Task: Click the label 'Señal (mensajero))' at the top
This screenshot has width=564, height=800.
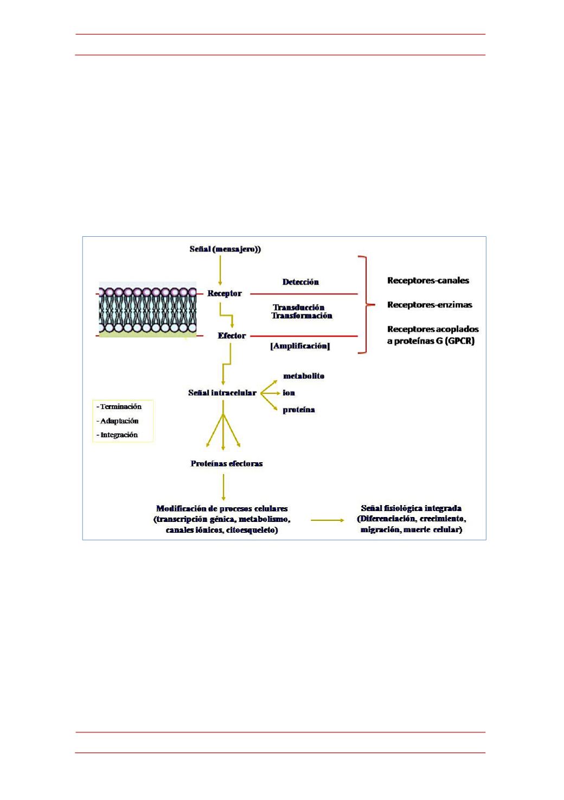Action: click(x=225, y=249)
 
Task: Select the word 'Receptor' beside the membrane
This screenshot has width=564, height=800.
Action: click(x=225, y=293)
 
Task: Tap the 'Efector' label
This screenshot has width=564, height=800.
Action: click(x=232, y=335)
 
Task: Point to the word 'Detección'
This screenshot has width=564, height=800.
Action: click(x=300, y=282)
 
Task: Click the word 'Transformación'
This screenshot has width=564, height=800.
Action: click(x=302, y=316)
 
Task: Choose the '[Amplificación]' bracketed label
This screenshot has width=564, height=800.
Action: click(x=300, y=346)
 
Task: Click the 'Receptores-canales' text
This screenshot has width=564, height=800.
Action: click(x=428, y=280)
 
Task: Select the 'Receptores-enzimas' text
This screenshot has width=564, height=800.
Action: click(x=430, y=305)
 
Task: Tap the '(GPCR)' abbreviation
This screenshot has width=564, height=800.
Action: click(x=460, y=341)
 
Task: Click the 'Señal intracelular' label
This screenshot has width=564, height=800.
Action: click(x=222, y=393)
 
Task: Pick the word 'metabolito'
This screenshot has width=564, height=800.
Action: click(x=304, y=376)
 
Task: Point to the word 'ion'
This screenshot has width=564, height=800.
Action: click(x=289, y=393)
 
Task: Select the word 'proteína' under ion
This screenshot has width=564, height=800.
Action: click(x=299, y=410)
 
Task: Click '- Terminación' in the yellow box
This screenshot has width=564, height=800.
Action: click(x=119, y=406)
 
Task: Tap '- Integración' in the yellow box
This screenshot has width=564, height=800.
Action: click(x=117, y=434)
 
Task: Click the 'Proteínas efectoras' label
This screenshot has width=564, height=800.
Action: click(x=226, y=464)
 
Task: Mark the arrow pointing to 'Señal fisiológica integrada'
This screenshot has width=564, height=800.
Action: click(x=327, y=520)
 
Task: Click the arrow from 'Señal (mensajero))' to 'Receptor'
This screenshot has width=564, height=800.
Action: click(x=220, y=270)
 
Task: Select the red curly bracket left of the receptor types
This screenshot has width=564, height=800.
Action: click(x=366, y=305)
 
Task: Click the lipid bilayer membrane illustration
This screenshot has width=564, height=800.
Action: click(x=148, y=310)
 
